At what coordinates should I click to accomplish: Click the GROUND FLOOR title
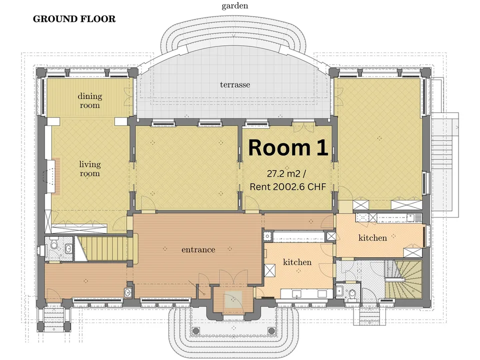(74, 19)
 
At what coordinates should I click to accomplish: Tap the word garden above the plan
(235, 6)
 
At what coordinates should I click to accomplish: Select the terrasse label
(235, 84)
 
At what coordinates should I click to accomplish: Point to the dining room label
(89, 100)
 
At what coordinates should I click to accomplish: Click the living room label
(89, 168)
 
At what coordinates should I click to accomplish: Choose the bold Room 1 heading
(288, 147)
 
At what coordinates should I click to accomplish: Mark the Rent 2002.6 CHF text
(288, 186)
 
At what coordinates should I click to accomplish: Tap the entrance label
(198, 250)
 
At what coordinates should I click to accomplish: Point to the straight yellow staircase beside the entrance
(104, 248)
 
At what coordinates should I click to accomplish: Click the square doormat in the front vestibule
(233, 299)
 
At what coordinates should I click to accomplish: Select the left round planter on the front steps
(196, 330)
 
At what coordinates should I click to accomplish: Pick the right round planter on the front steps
(271, 330)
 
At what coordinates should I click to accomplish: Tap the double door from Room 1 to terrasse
(303, 127)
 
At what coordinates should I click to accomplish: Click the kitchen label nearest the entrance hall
(297, 262)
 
